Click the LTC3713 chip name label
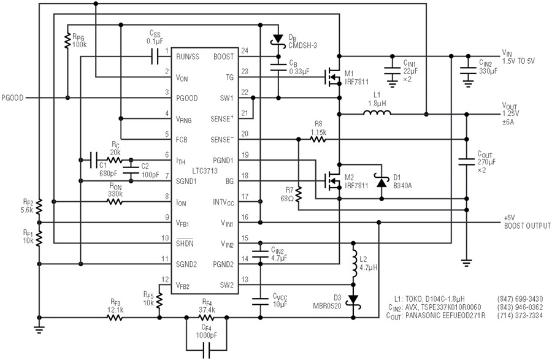[205, 171]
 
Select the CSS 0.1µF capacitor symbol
[155, 56]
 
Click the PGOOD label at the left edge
[13, 98]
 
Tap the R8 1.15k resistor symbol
[318, 139]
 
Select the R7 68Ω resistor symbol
[299, 194]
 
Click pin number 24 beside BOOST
[245, 51]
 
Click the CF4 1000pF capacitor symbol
[206, 350]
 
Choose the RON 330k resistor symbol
[115, 202]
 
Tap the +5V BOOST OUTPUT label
[527, 222]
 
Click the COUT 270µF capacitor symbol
[467, 162]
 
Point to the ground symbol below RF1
[39, 330]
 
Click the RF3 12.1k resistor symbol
[115, 318]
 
